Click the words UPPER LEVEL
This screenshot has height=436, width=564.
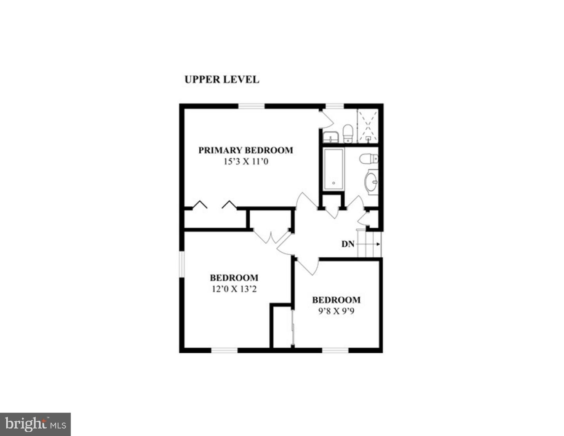coord(222,80)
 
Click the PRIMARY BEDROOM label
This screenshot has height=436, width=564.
coord(246,150)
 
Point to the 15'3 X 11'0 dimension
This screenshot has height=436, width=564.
coord(246,161)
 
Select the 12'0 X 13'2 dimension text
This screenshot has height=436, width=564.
coord(234,289)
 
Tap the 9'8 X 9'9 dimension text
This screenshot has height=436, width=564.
coord(336,312)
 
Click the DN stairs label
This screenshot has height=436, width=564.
coord(348,244)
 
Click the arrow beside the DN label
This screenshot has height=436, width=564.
coord(368,244)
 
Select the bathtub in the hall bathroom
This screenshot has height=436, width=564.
coord(333,169)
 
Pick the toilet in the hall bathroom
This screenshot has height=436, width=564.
coord(368,159)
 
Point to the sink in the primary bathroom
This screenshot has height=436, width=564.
coord(331,137)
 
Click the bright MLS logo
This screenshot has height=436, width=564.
coord(35,424)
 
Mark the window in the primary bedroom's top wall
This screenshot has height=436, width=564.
coord(251,106)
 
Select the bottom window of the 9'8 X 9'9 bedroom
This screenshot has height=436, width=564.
coord(335,350)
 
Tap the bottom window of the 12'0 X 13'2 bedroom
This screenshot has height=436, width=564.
coord(224,350)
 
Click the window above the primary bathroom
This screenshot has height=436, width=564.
coord(334,106)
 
